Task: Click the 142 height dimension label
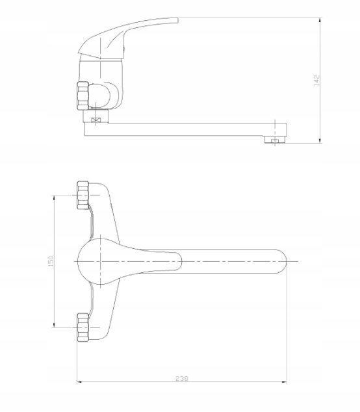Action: pyautogui.click(x=317, y=80)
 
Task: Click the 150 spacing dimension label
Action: pyautogui.click(x=51, y=261)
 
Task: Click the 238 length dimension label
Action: pyautogui.click(x=182, y=379)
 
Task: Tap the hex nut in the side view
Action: pyautogui.click(x=83, y=96)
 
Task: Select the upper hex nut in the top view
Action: pyautogui.click(x=83, y=195)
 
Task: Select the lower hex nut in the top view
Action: pyautogui.click(x=83, y=328)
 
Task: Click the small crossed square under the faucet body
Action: pyautogui.click(x=96, y=120)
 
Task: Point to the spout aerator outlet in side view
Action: pyautogui.click(x=275, y=140)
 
